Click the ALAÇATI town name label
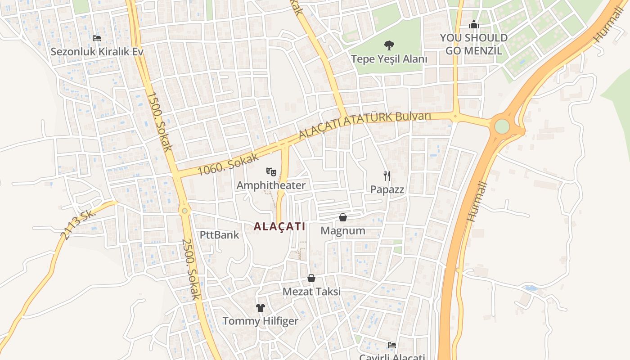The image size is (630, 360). pos(279,226)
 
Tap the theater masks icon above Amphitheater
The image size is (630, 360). pos(271,171)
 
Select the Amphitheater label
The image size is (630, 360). pos(271,185)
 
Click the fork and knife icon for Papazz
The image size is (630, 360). pos(387,175)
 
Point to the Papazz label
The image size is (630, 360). pos(387,189)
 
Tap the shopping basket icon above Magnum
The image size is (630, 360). pos(343,217)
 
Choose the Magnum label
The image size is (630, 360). pos(343,231)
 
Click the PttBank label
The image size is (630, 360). pos(220,235)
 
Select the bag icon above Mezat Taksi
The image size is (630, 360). pos(311,278)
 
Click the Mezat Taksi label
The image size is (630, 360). pos(311,292)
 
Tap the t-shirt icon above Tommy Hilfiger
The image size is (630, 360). pos(261,308)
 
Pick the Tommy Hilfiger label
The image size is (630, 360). pos(261,321)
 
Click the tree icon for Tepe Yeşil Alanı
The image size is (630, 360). pos(389,45)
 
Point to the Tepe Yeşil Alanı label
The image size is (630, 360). pos(389,59)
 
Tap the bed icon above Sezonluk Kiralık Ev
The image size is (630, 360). pos(96,38)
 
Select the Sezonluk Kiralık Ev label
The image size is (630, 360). pos(97,51)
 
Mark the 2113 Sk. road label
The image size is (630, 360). pos(78,224)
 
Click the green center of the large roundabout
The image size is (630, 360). pos(502,126)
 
